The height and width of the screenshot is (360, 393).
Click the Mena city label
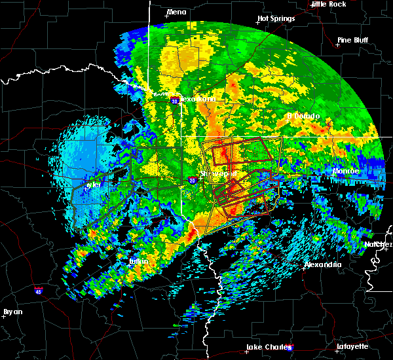tap(176, 12)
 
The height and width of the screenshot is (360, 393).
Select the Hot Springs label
tap(276, 18)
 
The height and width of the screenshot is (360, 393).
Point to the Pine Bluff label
tap(353, 40)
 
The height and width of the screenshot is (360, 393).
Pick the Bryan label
tap(12, 312)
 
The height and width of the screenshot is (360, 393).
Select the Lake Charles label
tap(267, 347)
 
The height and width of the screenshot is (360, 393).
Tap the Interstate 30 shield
tap(174, 101)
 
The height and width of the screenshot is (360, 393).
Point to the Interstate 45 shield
tap(39, 288)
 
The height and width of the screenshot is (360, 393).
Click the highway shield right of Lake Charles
tap(291, 347)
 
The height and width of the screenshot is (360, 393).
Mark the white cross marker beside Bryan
tap(3, 316)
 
